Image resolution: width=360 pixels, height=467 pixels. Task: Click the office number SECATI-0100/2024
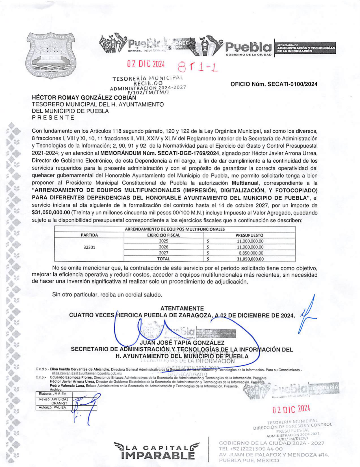[274, 84]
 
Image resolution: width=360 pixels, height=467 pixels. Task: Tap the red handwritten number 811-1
[198, 67]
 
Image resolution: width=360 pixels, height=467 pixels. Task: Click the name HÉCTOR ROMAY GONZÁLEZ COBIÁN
[84, 98]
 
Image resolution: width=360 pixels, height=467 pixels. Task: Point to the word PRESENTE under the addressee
[53, 118]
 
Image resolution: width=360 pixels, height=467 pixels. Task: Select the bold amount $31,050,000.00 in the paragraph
[51, 212]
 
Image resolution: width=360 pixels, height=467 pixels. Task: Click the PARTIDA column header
[89, 235]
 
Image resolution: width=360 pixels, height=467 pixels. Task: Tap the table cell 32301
[89, 247]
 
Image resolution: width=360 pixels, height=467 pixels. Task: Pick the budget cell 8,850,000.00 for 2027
[251, 253]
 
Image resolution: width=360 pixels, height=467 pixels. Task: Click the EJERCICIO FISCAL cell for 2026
[164, 247]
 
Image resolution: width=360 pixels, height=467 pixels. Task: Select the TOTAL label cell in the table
[164, 259]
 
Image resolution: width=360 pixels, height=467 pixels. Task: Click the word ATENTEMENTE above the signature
[182, 308]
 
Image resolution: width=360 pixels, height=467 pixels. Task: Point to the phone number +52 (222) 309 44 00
[251, 449]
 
